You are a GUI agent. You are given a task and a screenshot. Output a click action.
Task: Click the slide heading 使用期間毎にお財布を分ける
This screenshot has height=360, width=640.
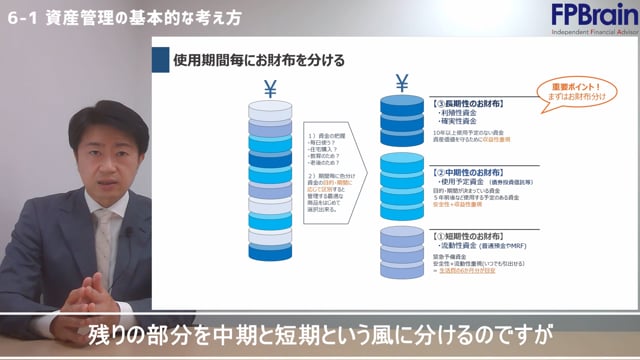tap(258, 60)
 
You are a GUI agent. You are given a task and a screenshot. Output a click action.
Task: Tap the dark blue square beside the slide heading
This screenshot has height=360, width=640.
tap(159, 60)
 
